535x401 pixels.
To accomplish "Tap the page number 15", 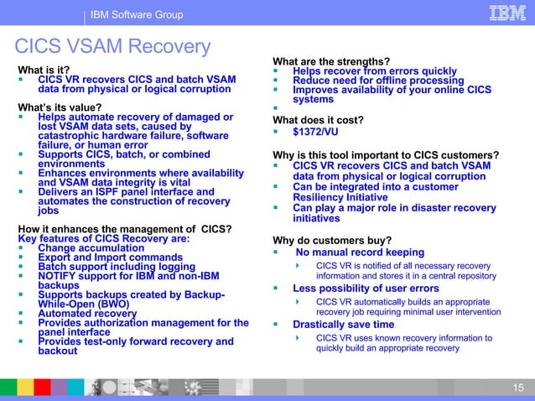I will pos(517,386).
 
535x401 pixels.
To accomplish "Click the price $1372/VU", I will pos(315,132).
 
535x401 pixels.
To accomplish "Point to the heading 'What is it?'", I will pos(44,70).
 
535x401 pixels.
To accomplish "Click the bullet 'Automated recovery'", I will pos(87,314).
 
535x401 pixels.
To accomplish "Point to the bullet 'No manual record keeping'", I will pos(360,253).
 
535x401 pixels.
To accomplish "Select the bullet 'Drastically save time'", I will pos(343,325).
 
